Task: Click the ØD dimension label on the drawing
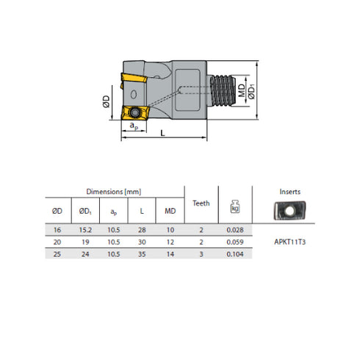coord(107,100)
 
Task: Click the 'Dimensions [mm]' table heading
coord(113,191)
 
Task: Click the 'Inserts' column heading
coord(290,191)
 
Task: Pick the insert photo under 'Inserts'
coord(290,212)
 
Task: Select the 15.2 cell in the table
coord(85,229)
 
